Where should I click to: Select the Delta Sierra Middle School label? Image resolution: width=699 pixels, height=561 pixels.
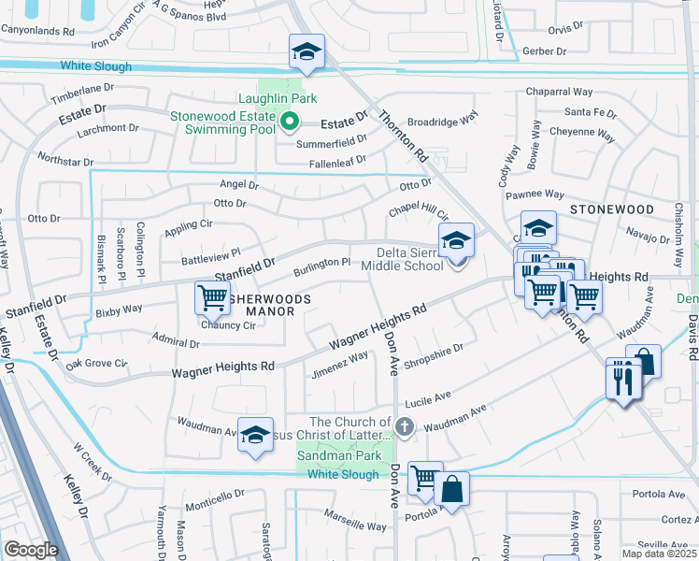pyautogui.click(x=410, y=259)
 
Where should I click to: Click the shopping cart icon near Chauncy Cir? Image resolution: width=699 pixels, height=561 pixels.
pyautogui.click(x=212, y=298)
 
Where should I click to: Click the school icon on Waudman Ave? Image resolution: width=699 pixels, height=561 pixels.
pyautogui.click(x=255, y=435)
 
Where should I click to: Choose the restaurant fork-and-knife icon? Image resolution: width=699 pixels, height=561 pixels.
pyautogui.click(x=623, y=379)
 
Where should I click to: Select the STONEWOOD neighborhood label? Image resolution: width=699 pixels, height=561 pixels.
pyautogui.click(x=611, y=209)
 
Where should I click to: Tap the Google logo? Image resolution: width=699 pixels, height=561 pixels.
pyautogui.click(x=31, y=550)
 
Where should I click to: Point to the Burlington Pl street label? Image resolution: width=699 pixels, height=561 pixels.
pyautogui.click(x=321, y=266)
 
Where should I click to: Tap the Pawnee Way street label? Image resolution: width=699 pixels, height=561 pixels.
pyautogui.click(x=535, y=194)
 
